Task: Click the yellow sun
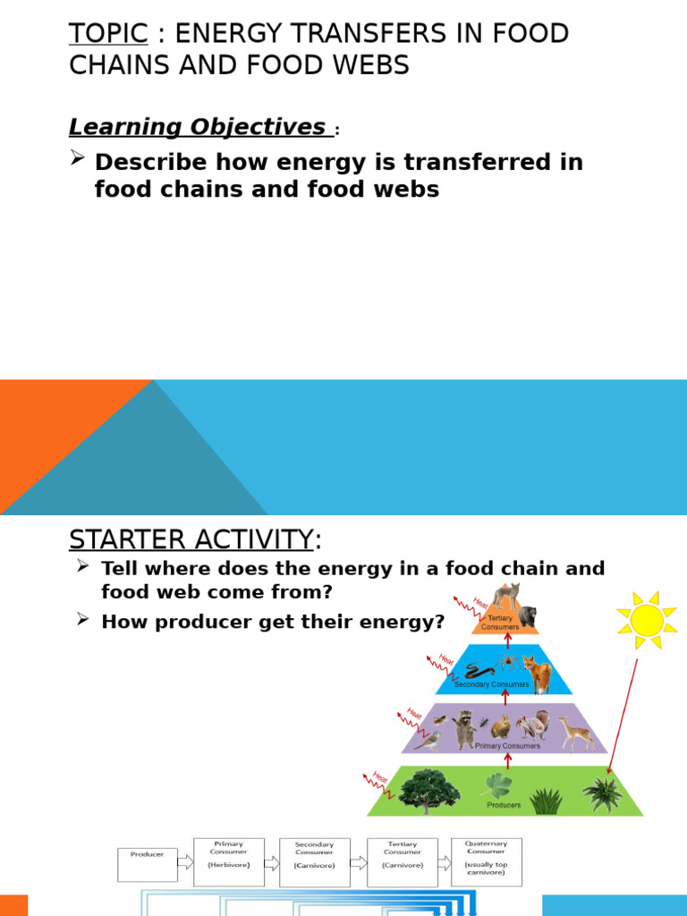tap(647, 620)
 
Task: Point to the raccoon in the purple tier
tap(463, 728)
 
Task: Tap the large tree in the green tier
tap(429, 790)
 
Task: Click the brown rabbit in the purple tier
tap(501, 725)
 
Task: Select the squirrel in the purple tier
tap(533, 725)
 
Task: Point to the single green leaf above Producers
tap(498, 785)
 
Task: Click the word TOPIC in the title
tap(108, 34)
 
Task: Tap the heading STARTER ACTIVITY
tap(191, 540)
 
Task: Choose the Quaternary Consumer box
tap(486, 861)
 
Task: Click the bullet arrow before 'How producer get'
tap(83, 619)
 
